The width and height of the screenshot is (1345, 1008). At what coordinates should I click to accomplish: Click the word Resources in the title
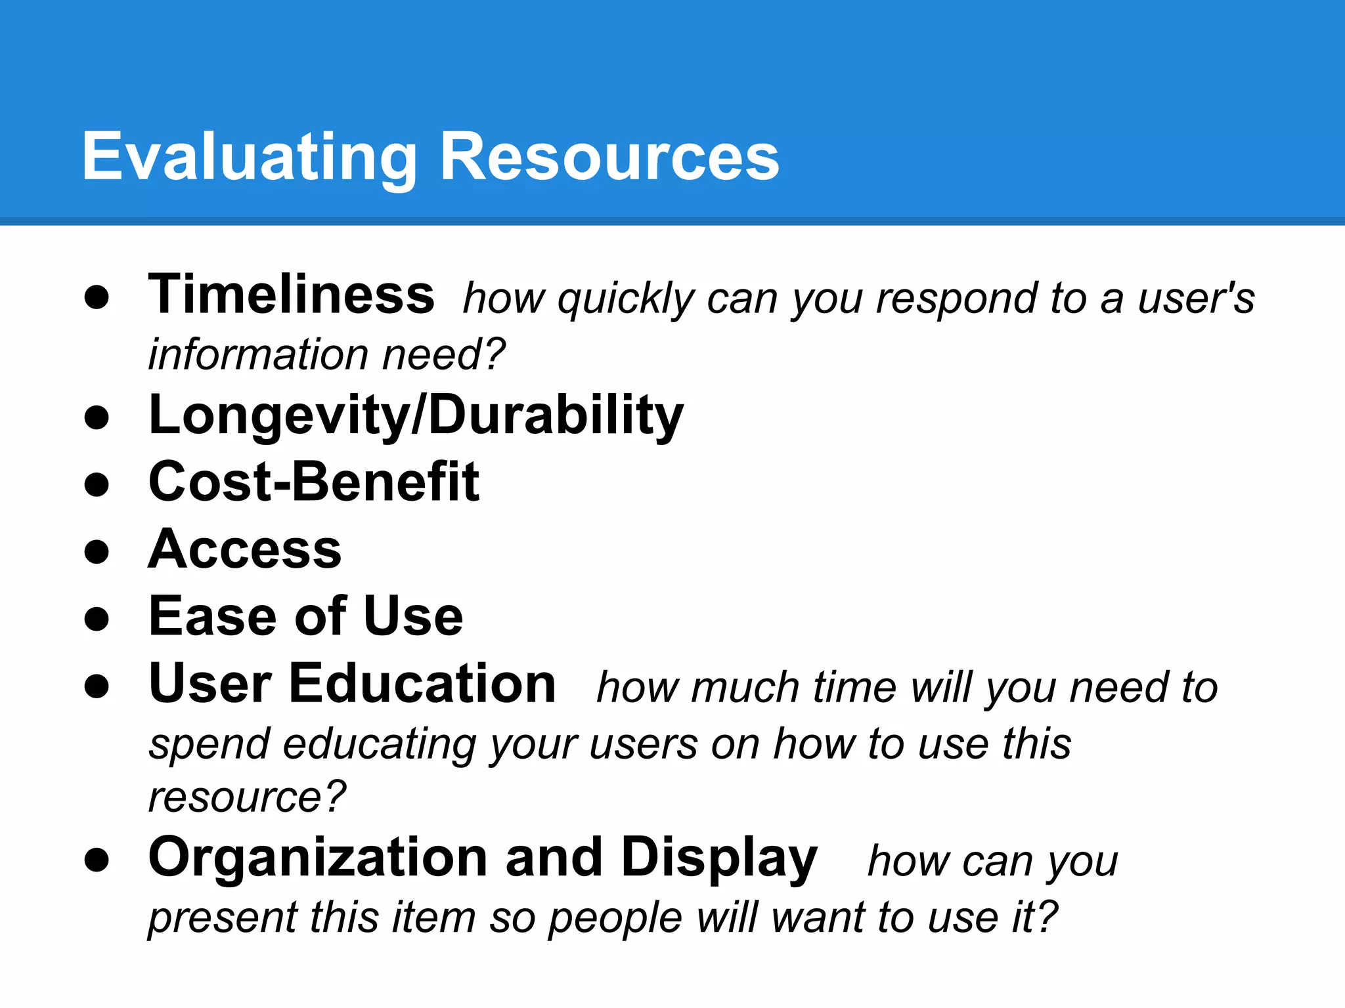pyautogui.click(x=609, y=157)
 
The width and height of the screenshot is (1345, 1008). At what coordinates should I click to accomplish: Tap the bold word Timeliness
pyautogui.click(x=291, y=295)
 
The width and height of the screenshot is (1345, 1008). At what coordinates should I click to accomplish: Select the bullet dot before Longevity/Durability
pyautogui.click(x=97, y=417)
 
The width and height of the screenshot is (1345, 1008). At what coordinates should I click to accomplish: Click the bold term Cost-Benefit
pyautogui.click(x=314, y=482)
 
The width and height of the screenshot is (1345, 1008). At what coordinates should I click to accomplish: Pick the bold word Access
pyautogui.click(x=245, y=550)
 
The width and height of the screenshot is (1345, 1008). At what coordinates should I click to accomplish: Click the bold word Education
pyautogui.click(x=422, y=684)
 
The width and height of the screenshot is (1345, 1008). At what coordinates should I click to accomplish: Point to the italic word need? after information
pyautogui.click(x=444, y=355)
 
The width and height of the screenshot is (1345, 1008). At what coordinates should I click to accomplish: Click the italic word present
pyautogui.click(x=223, y=917)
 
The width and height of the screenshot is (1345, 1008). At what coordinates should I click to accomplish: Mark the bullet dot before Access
pyautogui.click(x=97, y=552)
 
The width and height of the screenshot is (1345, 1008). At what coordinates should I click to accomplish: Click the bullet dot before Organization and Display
pyautogui.click(x=97, y=860)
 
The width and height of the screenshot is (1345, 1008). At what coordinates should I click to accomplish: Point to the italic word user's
pyautogui.click(x=1196, y=299)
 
